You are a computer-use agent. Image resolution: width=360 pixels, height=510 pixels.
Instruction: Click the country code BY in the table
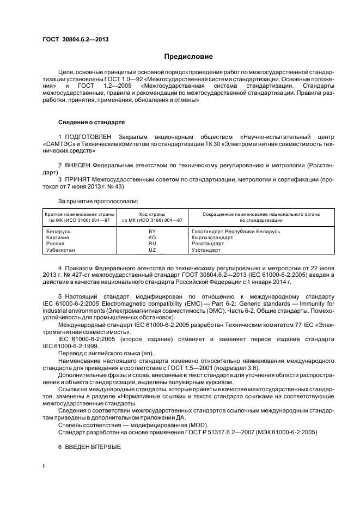[152, 232]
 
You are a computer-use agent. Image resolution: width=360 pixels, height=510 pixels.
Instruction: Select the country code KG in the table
[152, 238]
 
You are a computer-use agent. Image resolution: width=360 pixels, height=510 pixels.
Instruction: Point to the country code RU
[152, 244]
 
